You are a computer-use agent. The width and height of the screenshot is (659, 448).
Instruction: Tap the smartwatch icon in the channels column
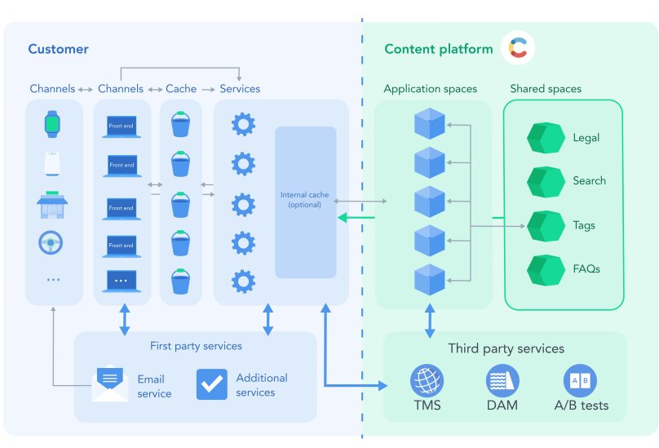pos(53,124)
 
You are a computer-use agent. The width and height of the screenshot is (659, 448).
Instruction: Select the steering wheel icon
pos(53,242)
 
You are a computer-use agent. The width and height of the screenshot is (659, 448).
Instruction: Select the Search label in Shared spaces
pos(589,180)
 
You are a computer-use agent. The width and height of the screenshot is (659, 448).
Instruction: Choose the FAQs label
pos(586,268)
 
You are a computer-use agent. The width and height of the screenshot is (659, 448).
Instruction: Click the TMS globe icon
pos(427,381)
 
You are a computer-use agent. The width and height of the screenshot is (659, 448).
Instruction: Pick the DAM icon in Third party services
pos(502,381)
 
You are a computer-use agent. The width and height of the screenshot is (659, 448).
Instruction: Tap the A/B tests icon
pos(581,381)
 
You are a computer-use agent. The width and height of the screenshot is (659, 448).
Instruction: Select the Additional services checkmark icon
pos(212,384)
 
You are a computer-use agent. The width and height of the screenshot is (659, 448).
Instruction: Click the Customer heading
pos(58,49)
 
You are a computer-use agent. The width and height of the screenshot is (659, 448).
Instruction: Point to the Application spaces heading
pos(430,88)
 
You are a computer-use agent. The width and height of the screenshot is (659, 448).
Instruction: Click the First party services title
pos(196,346)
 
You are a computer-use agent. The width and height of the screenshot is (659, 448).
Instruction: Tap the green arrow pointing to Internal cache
pos(356,217)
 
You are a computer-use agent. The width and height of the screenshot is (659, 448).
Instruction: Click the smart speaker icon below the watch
pos(53,163)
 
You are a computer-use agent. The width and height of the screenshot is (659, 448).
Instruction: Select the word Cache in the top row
pos(181,88)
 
